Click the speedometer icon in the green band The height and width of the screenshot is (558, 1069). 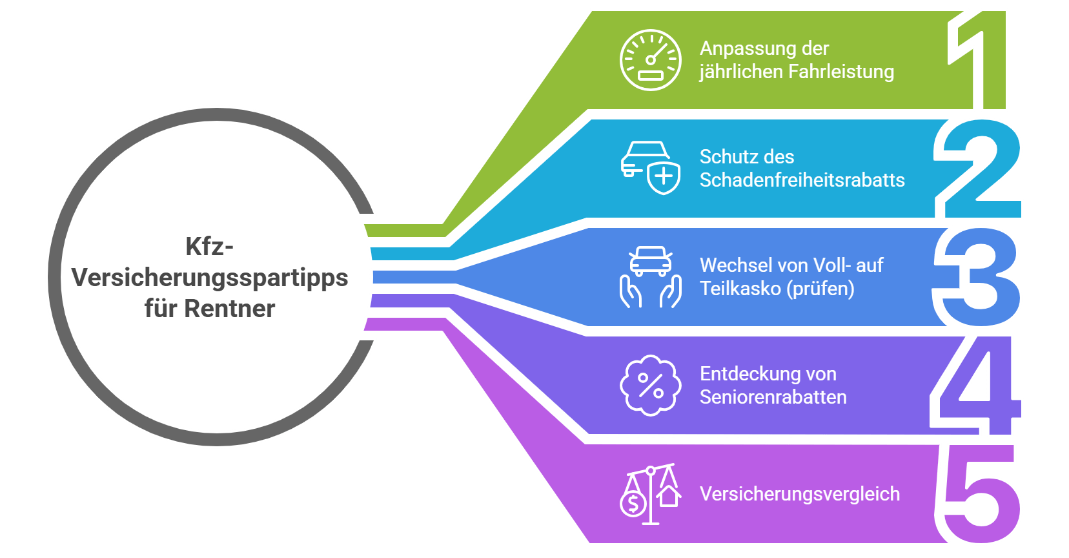[650, 60]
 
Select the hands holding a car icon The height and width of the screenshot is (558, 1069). [651, 276]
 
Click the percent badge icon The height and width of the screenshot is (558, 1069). [650, 386]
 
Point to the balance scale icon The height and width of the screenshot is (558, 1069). [651, 494]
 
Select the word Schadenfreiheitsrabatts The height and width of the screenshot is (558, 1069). [802, 180]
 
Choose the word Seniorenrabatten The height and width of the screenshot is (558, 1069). [773, 397]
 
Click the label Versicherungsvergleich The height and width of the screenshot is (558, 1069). [800, 494]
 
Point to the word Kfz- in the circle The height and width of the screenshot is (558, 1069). [209, 246]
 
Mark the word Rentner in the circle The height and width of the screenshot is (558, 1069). [230, 309]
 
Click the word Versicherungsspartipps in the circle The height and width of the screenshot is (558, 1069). [210, 278]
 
